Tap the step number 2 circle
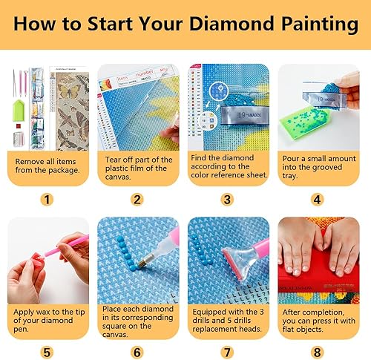(x=137, y=199)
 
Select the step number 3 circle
(x=228, y=199)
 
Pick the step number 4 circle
(x=319, y=199)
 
